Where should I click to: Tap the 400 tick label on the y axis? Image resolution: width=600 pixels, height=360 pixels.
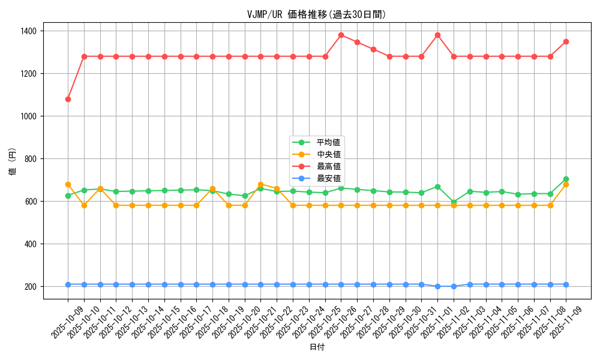coord(31,244)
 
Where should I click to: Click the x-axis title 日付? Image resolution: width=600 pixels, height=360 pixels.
coord(317,347)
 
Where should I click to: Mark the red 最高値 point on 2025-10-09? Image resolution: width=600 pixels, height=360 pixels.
coord(68,99)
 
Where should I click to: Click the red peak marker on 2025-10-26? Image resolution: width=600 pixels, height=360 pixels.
coord(341,35)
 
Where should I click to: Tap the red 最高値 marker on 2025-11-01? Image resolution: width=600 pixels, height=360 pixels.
coord(437,35)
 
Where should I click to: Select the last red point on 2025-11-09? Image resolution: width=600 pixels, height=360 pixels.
coord(566,41)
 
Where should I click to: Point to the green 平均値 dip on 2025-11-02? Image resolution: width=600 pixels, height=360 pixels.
coord(454,202)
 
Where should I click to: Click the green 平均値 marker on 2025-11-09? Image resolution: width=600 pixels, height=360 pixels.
coord(566,179)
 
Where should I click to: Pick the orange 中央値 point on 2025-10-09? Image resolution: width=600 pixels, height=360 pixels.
coord(68,184)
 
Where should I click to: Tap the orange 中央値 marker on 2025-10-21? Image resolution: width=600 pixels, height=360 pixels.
coord(260,184)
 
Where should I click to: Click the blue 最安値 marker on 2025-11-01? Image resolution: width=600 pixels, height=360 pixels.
coord(437,286)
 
